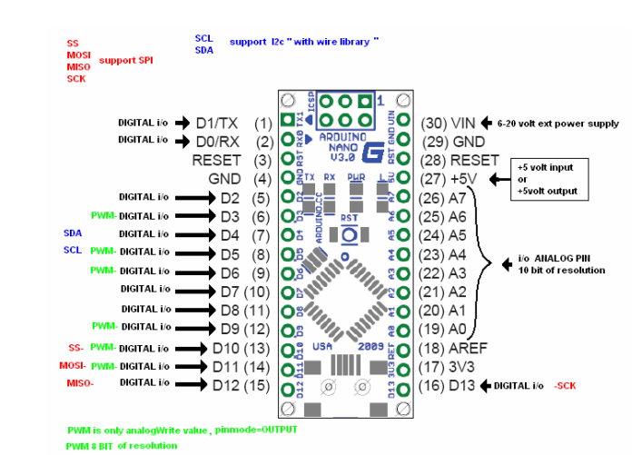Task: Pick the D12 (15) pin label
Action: click(242, 386)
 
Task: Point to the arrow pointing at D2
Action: click(194, 197)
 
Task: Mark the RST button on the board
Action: click(347, 233)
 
